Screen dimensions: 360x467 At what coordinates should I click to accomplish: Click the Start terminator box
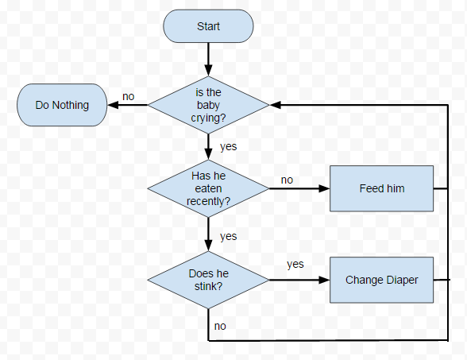(208, 26)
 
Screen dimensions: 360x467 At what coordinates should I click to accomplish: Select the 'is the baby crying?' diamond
(208, 105)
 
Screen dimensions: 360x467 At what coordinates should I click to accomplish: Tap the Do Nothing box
(62, 105)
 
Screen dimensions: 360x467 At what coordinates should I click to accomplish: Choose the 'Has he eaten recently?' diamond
(208, 188)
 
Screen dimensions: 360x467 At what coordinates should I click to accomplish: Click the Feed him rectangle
(382, 188)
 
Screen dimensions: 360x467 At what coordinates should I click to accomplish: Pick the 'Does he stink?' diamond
(208, 280)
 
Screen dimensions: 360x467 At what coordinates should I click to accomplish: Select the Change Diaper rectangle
(382, 280)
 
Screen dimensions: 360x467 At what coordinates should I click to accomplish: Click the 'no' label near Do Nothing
(128, 97)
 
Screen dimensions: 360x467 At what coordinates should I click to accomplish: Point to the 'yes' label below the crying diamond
(228, 146)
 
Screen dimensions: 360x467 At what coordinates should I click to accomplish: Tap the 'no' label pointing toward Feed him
(287, 180)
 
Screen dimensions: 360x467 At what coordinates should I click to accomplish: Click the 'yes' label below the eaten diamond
(228, 236)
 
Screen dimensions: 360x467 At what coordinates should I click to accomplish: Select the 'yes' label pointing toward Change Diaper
(295, 264)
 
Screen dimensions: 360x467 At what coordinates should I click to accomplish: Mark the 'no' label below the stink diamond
(220, 326)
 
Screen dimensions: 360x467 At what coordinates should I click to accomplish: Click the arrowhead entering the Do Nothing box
(112, 105)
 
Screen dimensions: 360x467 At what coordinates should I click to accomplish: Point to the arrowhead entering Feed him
(324, 189)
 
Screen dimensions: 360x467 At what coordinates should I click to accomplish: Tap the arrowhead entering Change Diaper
(324, 280)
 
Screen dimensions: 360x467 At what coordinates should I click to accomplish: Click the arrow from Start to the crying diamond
(208, 57)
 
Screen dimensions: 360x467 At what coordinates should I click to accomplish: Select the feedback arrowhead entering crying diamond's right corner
(275, 105)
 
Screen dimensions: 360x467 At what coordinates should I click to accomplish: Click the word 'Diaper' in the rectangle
(402, 280)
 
